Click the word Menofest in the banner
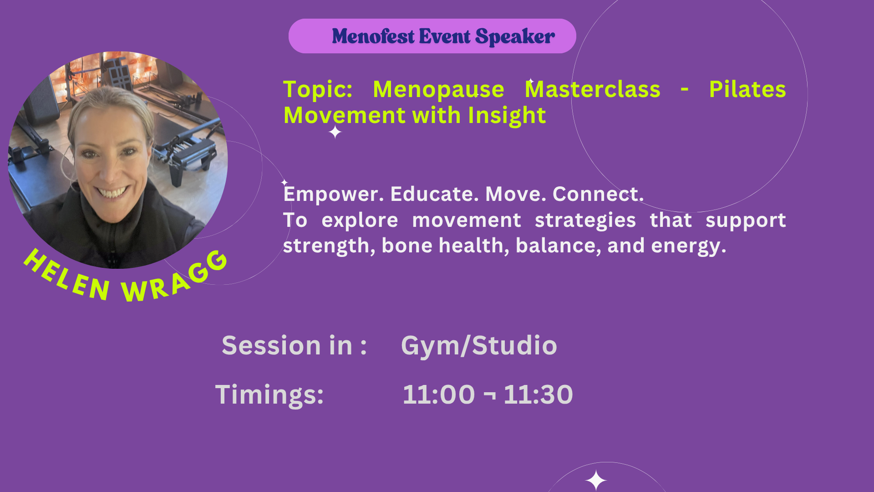click(x=373, y=36)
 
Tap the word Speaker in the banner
click(x=515, y=37)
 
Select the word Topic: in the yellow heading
click(x=318, y=90)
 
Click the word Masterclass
click(x=592, y=89)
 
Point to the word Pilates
click(x=747, y=89)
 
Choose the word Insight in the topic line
click(x=507, y=116)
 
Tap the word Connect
click(x=598, y=194)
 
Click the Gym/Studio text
click(x=479, y=346)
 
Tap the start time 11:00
click(x=439, y=395)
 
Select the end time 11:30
click(x=538, y=395)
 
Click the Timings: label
click(x=269, y=395)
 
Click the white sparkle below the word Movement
click(x=335, y=133)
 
